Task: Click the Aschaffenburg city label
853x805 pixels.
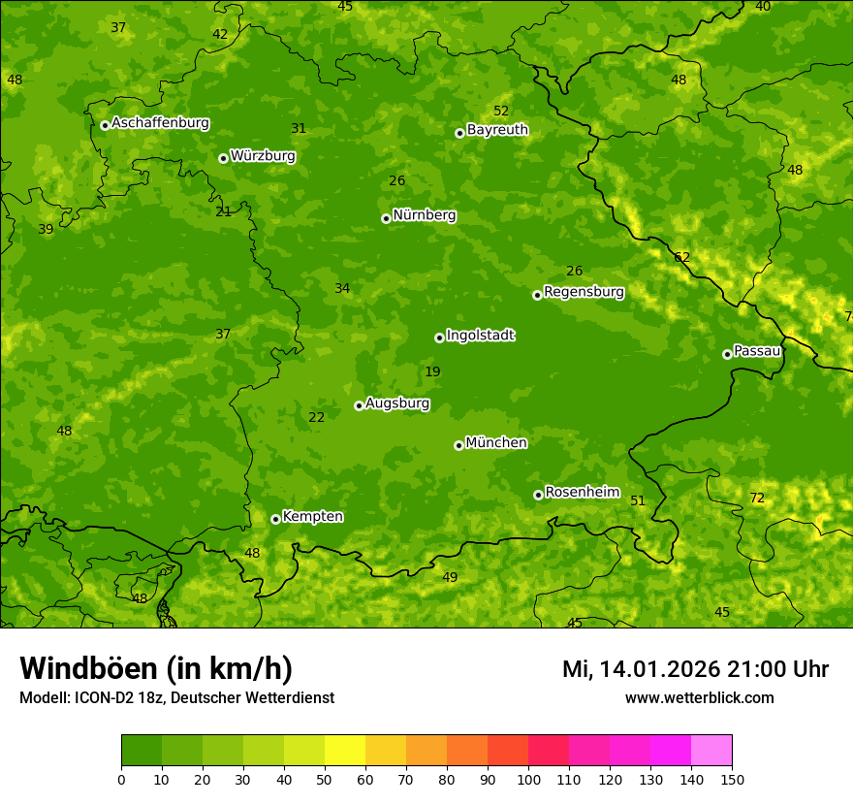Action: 160,123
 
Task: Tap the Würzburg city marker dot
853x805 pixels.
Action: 223,158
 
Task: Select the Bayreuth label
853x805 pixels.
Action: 497,130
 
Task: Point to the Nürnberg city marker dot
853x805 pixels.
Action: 386,218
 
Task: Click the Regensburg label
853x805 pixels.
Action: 584,292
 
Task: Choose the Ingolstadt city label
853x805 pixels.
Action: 480,336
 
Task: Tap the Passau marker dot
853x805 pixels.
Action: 727,354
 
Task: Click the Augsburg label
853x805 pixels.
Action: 397,403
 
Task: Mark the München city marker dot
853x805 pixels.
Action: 458,445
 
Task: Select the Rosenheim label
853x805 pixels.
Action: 582,493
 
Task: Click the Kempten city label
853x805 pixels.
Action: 312,517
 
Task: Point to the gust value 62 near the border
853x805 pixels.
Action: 681,257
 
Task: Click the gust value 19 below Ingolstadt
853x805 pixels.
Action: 432,371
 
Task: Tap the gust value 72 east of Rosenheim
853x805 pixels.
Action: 757,499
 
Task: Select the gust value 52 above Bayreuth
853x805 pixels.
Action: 500,112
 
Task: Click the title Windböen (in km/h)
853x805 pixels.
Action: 156,668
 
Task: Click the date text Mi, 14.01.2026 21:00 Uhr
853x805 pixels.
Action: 695,669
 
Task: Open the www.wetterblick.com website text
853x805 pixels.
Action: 699,697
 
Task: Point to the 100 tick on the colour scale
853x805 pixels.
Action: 528,779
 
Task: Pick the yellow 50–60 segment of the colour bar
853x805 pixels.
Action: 345,751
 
